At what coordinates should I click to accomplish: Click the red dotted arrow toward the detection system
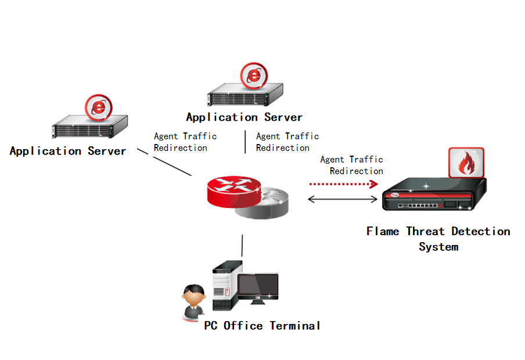click(x=343, y=184)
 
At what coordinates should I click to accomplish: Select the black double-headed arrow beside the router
click(x=343, y=199)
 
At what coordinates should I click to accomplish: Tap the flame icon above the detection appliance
click(x=466, y=163)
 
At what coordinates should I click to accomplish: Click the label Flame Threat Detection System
click(x=438, y=239)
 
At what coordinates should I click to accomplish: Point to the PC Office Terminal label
click(x=262, y=326)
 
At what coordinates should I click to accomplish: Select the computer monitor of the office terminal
click(x=257, y=287)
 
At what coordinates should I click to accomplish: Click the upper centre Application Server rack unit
click(x=246, y=93)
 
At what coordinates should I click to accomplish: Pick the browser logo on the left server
click(x=99, y=107)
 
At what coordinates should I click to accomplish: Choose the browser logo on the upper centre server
click(x=254, y=75)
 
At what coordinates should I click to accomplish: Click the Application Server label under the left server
click(x=68, y=151)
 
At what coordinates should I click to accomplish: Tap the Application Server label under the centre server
click(x=244, y=117)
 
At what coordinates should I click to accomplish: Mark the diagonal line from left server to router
click(x=164, y=163)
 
